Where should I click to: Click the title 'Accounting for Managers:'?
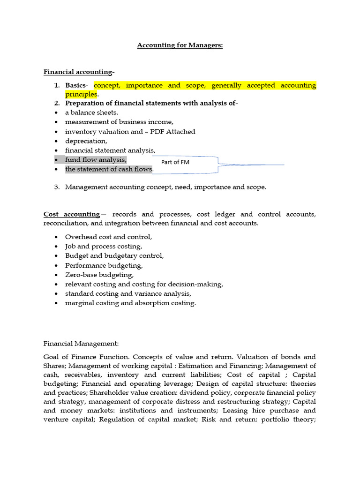pyautogui.click(x=180, y=45)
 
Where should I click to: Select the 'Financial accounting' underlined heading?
pyautogui.click(x=78, y=72)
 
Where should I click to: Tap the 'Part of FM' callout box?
pyautogui.click(x=175, y=162)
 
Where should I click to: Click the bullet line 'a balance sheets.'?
pyautogui.click(x=91, y=112)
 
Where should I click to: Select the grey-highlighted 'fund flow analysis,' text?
pyautogui.click(x=96, y=159)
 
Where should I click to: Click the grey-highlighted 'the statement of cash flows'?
pyautogui.click(x=109, y=169)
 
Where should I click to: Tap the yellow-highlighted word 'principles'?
pyautogui.click(x=81, y=94)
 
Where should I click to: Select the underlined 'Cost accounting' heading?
pyautogui.click(x=72, y=214)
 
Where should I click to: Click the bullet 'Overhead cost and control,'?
pyautogui.click(x=108, y=237)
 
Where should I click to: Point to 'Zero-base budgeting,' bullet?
pyautogui.click(x=99, y=275)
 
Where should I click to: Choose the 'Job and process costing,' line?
pyautogui.click(x=104, y=246)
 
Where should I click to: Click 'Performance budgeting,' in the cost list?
pyautogui.click(x=104, y=265)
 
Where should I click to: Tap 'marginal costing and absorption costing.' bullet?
pyautogui.click(x=130, y=303)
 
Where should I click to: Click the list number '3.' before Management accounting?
pyautogui.click(x=56, y=187)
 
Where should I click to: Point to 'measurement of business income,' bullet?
pyautogui.click(x=119, y=122)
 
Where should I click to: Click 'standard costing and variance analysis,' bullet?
pyautogui.click(x=128, y=293)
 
